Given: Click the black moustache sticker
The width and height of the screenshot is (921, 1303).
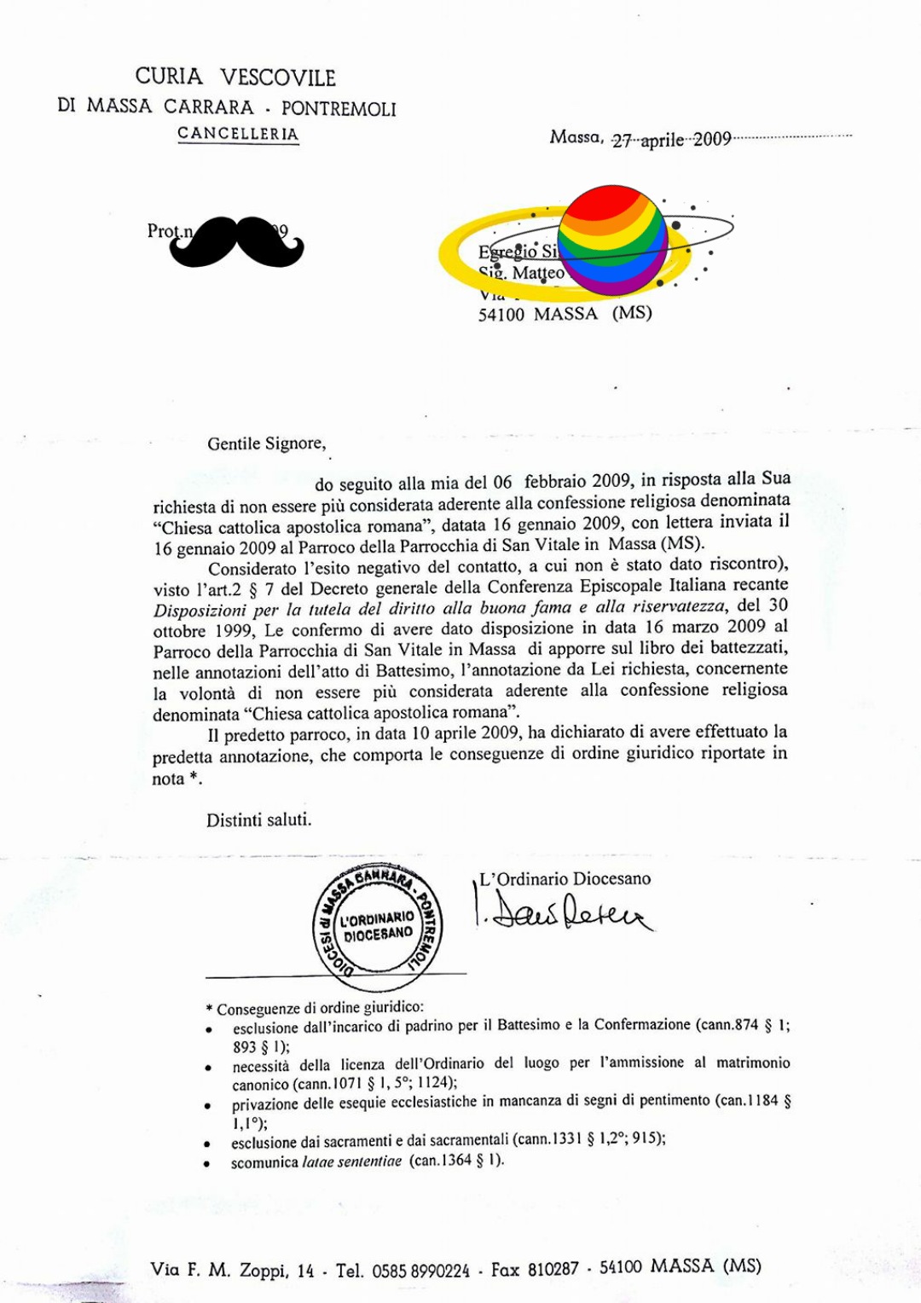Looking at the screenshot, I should [x=236, y=242].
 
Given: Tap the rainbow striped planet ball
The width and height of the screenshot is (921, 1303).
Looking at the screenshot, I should [x=611, y=240].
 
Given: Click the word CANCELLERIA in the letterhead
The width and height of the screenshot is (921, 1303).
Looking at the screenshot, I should [x=238, y=134].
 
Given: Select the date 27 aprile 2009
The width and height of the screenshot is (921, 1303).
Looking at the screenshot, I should [x=671, y=140].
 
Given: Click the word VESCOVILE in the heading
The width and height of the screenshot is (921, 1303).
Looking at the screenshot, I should [x=278, y=78].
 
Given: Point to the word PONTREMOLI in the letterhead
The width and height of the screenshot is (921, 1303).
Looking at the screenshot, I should [x=339, y=109].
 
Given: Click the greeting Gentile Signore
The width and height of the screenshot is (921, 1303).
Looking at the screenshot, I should [x=266, y=443].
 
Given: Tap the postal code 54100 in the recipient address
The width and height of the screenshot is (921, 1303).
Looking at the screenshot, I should [x=501, y=314].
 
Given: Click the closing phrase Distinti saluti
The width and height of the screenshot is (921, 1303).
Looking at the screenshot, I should [x=258, y=819].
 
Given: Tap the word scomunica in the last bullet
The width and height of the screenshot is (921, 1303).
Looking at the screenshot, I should [x=264, y=1161].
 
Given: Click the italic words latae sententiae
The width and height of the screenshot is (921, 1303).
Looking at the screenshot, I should [x=352, y=1161].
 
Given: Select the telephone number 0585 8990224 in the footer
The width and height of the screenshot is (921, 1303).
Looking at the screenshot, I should [x=420, y=1271].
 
